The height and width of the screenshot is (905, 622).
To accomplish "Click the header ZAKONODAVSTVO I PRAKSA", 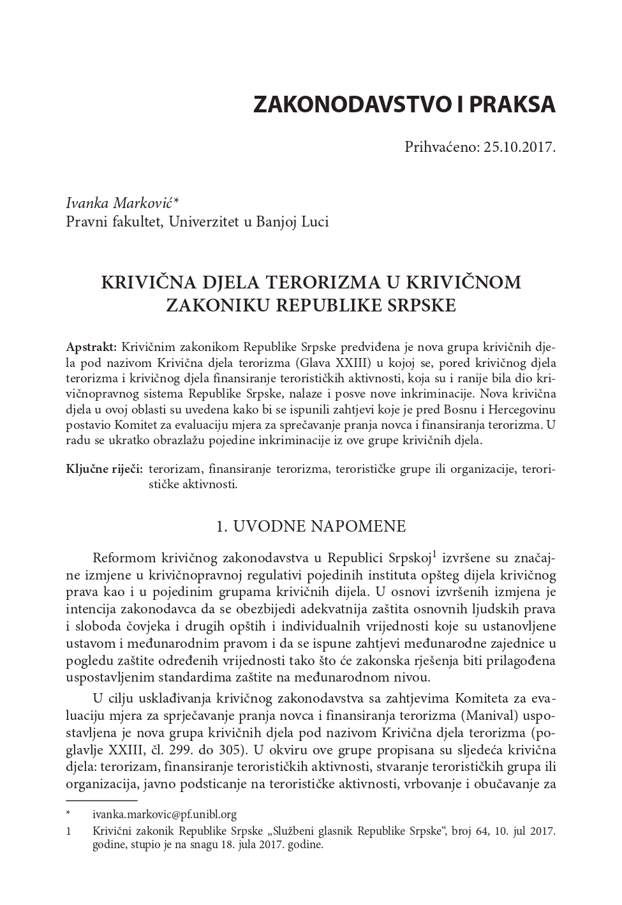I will [404, 104].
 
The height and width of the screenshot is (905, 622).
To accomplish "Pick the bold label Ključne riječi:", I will [104, 469].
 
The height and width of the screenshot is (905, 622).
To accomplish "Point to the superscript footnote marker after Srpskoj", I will [434, 553].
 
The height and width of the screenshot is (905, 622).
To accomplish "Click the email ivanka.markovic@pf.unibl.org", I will [165, 814].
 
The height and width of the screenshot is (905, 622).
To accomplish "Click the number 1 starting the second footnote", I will [68, 831].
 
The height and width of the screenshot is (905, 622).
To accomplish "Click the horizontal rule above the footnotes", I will [102, 800].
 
